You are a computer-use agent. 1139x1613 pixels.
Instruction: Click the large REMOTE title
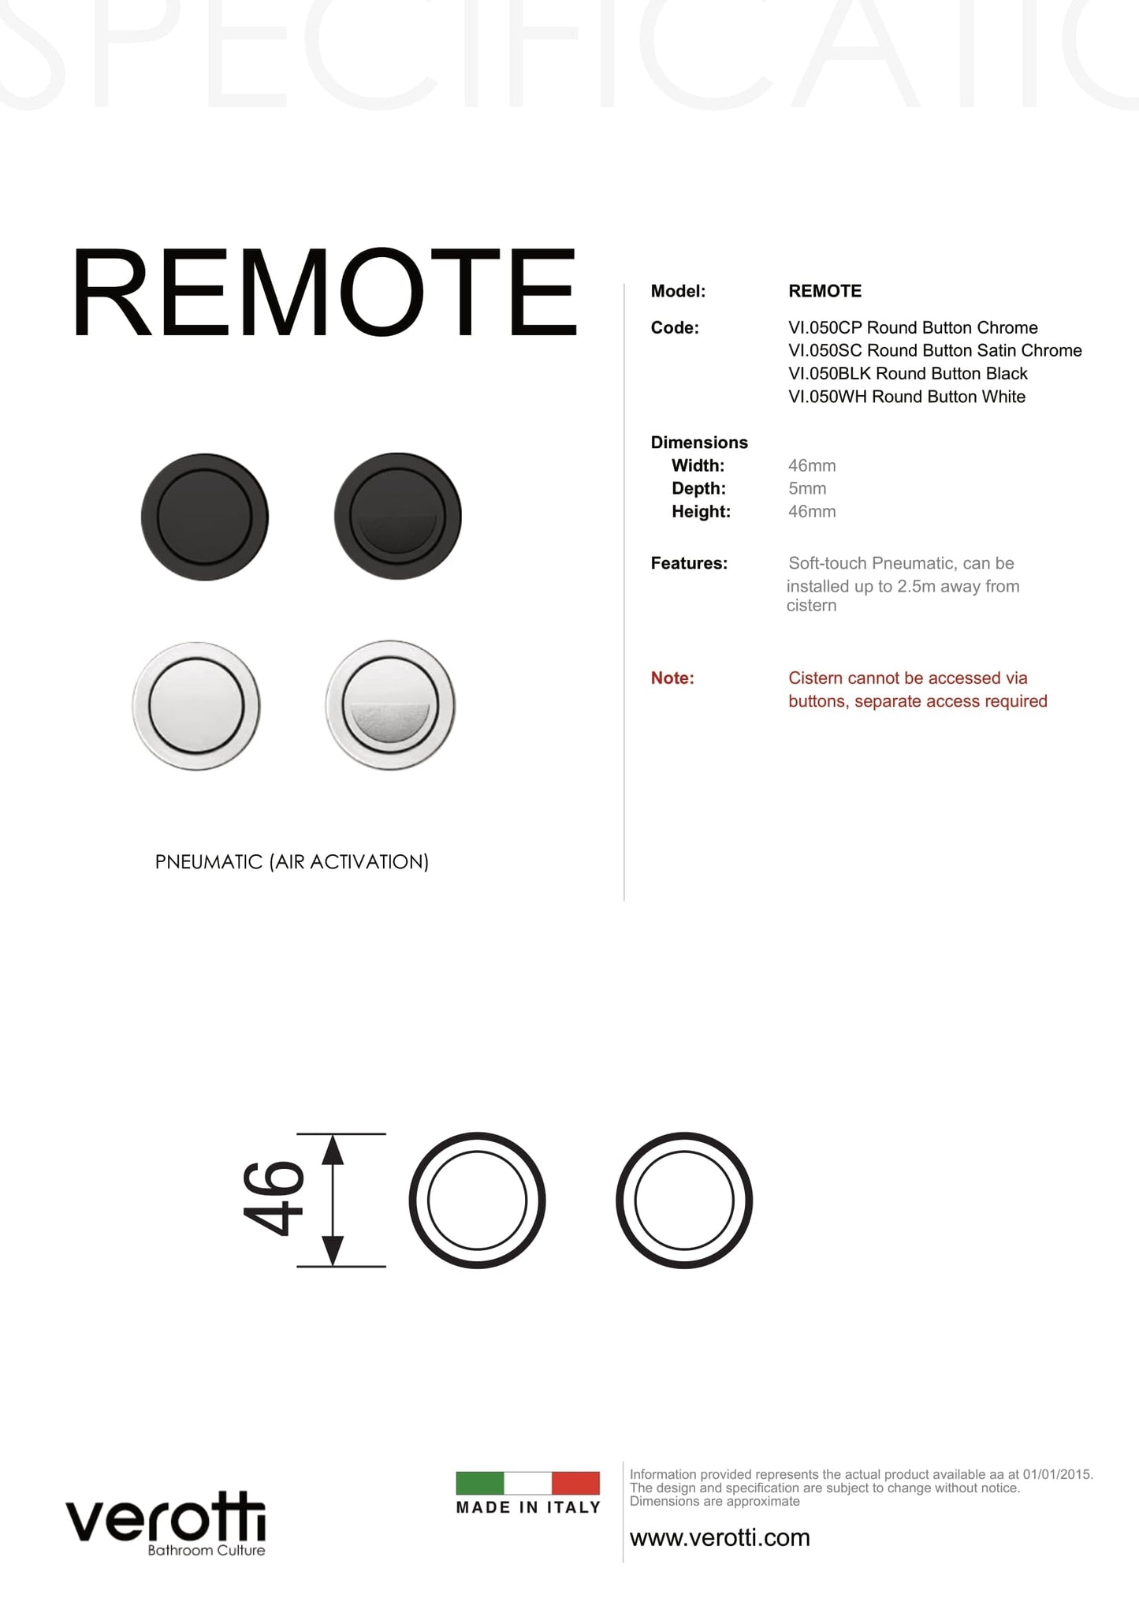(323, 293)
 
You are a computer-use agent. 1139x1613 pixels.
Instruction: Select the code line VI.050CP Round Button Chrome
(912, 327)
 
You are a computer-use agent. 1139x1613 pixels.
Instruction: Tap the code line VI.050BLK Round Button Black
(907, 373)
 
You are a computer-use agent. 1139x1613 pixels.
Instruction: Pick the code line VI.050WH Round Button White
(906, 397)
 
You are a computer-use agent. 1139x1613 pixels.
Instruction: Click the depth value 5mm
(806, 488)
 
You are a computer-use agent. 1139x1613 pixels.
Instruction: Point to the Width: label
(698, 465)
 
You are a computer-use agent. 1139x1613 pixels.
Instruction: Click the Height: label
(701, 511)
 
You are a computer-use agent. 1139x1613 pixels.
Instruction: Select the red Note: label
(672, 678)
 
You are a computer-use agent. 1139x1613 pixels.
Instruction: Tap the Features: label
(688, 563)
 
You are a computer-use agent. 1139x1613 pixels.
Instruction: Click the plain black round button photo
(205, 517)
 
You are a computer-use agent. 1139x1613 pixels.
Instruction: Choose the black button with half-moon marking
(397, 517)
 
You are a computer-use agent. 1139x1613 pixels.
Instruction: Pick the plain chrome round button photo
(196, 705)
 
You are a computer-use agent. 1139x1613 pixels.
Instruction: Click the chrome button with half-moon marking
(390, 705)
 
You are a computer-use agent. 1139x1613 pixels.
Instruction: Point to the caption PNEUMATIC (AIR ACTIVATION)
(292, 862)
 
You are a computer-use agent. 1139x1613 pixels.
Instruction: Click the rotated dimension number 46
(273, 1199)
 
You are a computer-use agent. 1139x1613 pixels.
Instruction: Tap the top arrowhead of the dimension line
(333, 1149)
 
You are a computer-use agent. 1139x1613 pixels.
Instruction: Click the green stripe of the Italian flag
(479, 1483)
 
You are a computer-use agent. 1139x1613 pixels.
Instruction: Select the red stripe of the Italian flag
(575, 1483)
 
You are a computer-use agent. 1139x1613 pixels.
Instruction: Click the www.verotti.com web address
(720, 1537)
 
